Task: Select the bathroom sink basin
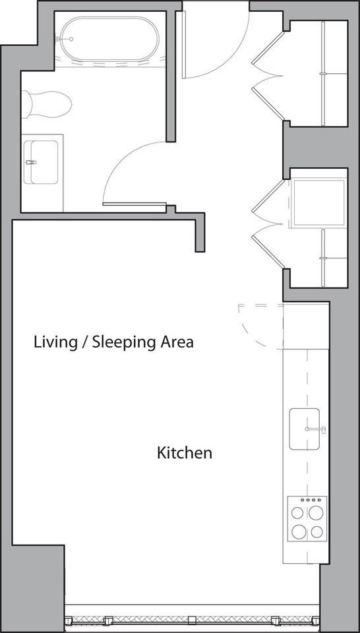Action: click(42, 162)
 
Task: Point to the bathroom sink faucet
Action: click(29, 162)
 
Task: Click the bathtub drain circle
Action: click(70, 40)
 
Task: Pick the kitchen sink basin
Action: click(303, 429)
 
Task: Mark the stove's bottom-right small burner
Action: click(317, 531)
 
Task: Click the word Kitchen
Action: click(184, 453)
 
